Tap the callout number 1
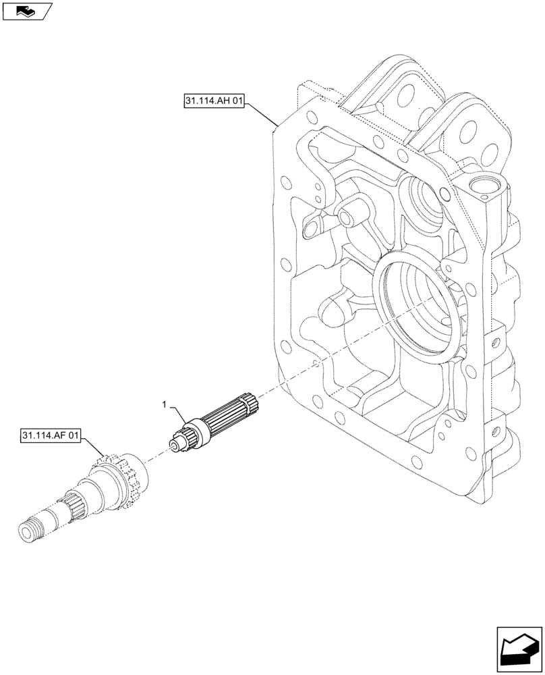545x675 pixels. point(163,403)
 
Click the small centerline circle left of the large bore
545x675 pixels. point(315,365)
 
